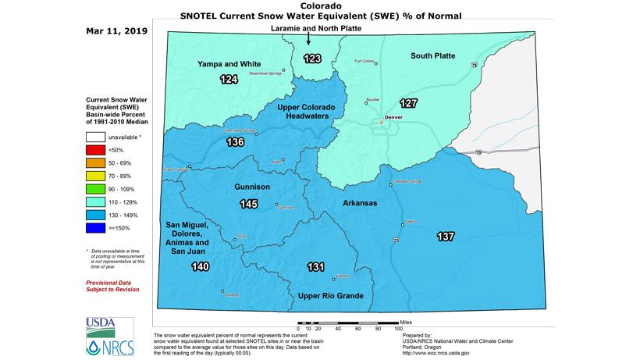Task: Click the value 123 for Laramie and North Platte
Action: [312, 58]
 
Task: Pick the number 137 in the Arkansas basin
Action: [446, 237]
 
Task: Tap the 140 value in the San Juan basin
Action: [201, 267]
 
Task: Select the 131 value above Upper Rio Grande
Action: [315, 267]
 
